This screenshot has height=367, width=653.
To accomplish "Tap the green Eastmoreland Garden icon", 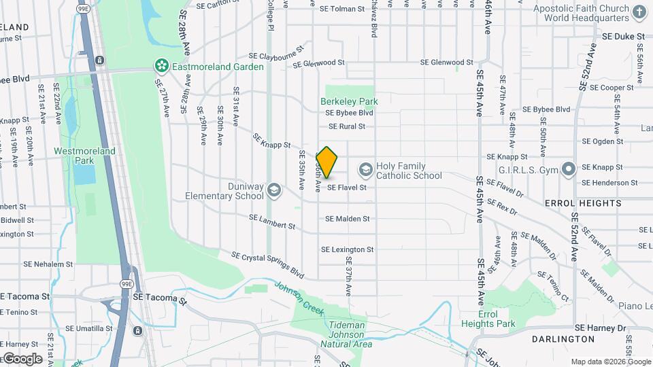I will tap(162, 66).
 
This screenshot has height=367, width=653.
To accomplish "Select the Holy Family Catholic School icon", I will tap(366, 169).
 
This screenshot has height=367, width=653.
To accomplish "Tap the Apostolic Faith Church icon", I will tap(639, 12).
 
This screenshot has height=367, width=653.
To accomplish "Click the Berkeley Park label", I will tap(349, 101).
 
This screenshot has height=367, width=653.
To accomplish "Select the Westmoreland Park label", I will tap(85, 156).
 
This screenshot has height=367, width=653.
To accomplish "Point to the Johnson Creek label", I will tap(299, 297).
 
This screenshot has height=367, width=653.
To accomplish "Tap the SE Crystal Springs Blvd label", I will tap(267, 265).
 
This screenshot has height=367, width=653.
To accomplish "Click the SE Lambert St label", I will tap(272, 222).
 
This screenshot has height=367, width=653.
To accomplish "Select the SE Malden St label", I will tap(347, 219).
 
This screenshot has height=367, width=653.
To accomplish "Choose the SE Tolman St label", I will tap(356, 10).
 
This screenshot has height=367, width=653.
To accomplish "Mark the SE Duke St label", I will tap(622, 36).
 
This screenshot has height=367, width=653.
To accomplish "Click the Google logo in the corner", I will tap(22, 358).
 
